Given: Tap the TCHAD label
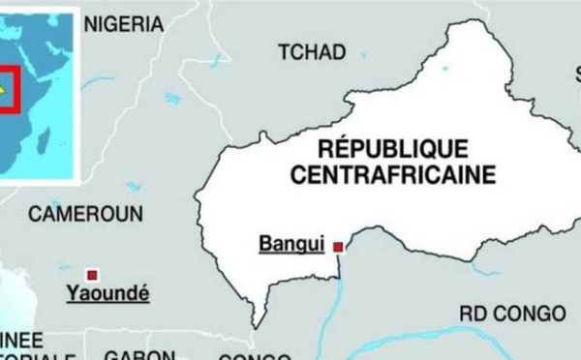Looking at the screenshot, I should click(x=312, y=52).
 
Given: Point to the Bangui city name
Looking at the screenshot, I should click(x=290, y=245).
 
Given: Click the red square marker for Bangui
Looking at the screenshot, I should click(x=337, y=248).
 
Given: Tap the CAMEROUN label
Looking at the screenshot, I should click(x=85, y=214).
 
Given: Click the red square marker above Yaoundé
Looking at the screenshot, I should click(x=93, y=274).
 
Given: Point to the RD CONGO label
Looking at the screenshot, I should click(x=512, y=315).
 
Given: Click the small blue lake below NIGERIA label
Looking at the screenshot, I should click(x=172, y=98).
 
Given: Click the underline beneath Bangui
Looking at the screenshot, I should click(x=290, y=255).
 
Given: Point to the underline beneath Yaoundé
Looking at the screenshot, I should click(x=107, y=301).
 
